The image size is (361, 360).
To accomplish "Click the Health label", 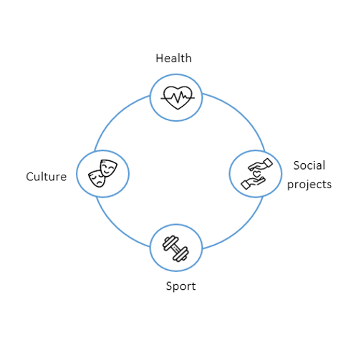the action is pos(173,58).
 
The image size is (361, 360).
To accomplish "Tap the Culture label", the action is pos(47,177).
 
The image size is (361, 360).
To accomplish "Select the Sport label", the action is pos(180,286).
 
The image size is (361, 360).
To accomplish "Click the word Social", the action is pos(309,165).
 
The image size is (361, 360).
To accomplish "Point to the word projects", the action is pos(309,185).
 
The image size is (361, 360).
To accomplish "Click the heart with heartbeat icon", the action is pos(178,97).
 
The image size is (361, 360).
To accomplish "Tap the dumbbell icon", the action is pos(175,248).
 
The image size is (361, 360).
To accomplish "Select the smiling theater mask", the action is pos(108,168).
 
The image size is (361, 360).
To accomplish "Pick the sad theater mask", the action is pos(97,179).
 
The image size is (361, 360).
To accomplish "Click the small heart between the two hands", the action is pos(257,173).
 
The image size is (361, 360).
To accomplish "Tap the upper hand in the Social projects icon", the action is pos(261,165).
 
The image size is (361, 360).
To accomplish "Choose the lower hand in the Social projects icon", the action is pos(253,183).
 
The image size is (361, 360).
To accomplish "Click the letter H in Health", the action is pos(160,58).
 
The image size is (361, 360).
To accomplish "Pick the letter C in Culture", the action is pos(29,177).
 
